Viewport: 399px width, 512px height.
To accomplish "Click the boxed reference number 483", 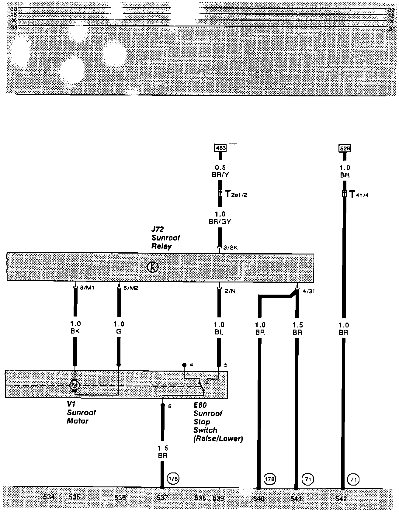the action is coord(220,148).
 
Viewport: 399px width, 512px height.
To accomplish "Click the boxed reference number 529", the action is coord(345,149).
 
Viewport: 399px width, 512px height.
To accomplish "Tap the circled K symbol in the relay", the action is coord(153,267).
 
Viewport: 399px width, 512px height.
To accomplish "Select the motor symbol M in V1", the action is coord(75,386).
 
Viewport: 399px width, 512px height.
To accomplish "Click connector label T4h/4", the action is coord(359,194).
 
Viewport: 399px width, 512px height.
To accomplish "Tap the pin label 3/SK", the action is coord(230,248).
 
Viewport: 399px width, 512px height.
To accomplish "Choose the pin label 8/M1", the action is coord(86,288).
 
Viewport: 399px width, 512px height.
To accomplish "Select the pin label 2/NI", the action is coord(231,291).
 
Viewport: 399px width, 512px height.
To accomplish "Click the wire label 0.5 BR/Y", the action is coord(220,171).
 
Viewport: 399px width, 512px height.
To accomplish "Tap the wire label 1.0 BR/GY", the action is coord(220,218).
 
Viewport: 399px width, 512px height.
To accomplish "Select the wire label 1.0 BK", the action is coord(75,328).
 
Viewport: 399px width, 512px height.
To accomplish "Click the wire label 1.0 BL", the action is coord(219,328).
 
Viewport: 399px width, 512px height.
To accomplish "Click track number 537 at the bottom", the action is coord(162,498).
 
